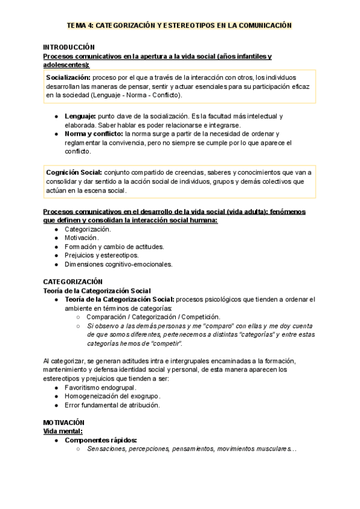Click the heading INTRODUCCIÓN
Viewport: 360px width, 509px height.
pyautogui.click(x=69, y=47)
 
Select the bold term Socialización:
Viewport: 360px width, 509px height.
pyautogui.click(x=68, y=77)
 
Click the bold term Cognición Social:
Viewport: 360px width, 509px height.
pyautogui.click(x=73, y=172)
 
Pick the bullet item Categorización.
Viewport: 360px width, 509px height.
pyautogui.click(x=88, y=229)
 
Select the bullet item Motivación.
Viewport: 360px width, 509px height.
pyautogui.click(x=82, y=238)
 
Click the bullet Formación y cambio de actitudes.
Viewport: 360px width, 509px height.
pyautogui.click(x=114, y=246)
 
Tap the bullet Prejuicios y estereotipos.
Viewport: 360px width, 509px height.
pyautogui.click(x=101, y=255)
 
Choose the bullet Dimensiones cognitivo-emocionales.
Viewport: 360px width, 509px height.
pyautogui.click(x=118, y=264)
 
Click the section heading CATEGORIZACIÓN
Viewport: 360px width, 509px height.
pyautogui.click(x=73, y=282)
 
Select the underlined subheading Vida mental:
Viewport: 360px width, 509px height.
pyautogui.click(x=63, y=431)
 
